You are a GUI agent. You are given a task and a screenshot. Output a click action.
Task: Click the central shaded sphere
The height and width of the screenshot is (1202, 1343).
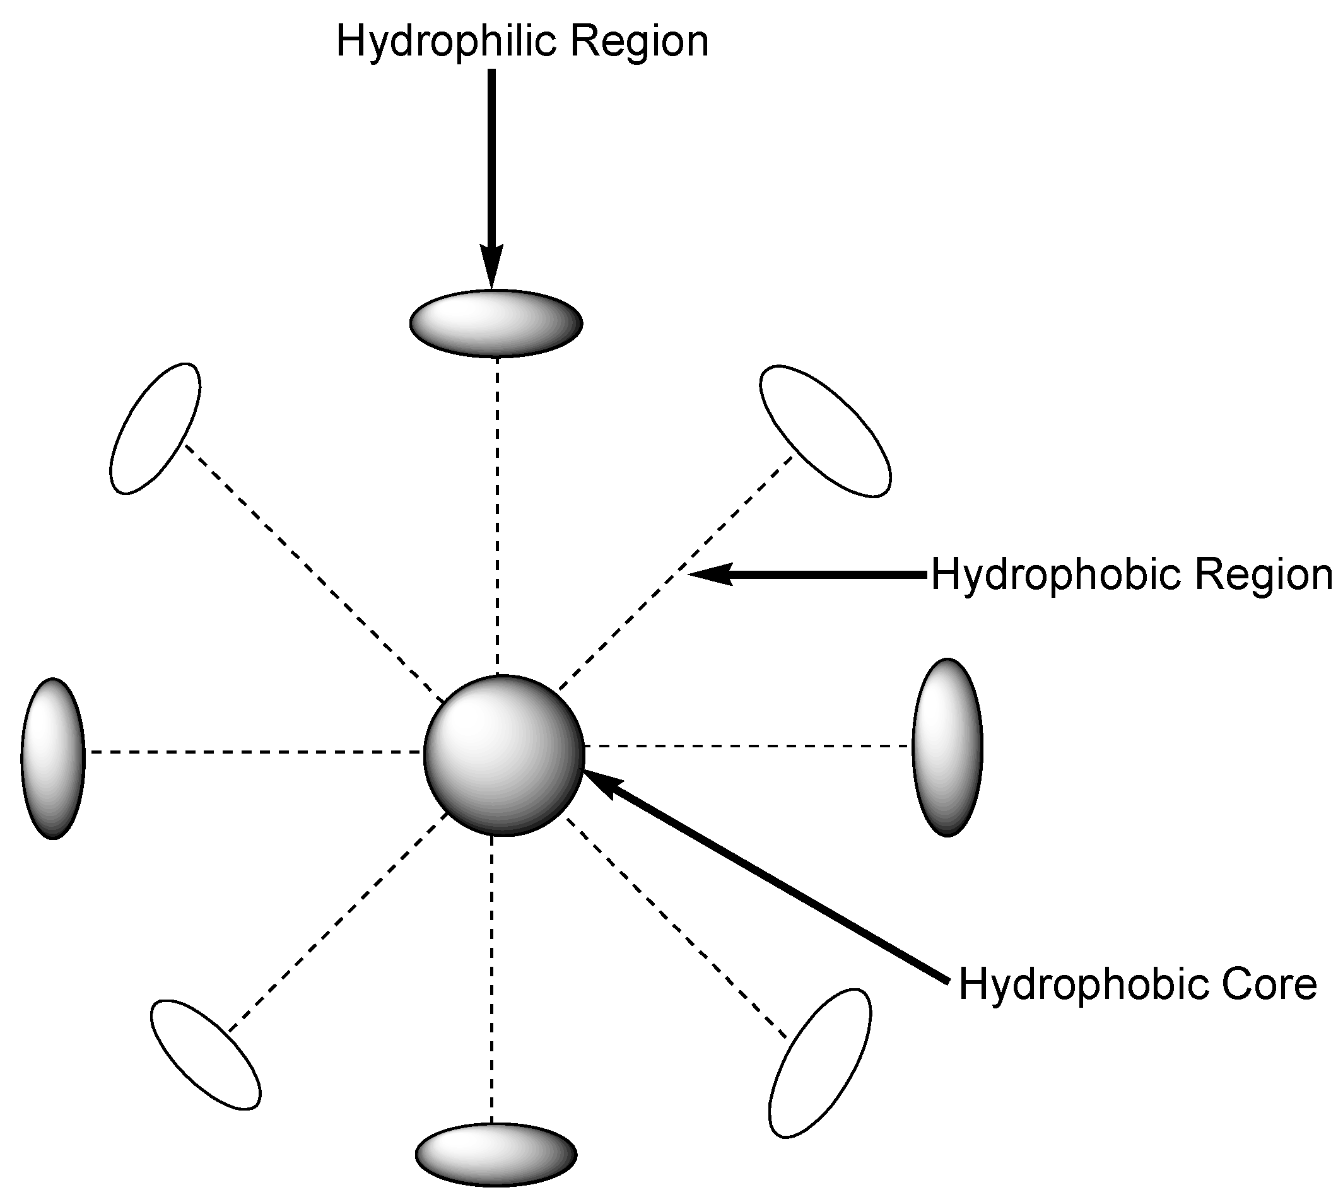pyautogui.click(x=504, y=756)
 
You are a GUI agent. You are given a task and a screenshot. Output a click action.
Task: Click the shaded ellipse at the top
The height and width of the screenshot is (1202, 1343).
pyautogui.click(x=496, y=324)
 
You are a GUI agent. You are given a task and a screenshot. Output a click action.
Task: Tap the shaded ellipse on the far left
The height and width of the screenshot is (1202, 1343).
pyautogui.click(x=53, y=758)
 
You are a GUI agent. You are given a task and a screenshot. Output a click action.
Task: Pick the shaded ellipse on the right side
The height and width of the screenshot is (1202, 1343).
pyautogui.click(x=947, y=747)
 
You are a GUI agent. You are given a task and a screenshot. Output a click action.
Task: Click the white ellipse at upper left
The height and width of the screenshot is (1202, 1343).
pyautogui.click(x=155, y=429)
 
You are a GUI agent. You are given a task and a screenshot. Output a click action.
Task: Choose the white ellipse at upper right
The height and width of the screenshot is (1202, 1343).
pyautogui.click(x=825, y=431)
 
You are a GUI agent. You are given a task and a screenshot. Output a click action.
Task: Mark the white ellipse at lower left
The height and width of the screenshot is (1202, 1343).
pyautogui.click(x=206, y=1054)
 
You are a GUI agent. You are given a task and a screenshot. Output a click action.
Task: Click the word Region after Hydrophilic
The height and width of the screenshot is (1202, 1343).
pyautogui.click(x=639, y=41)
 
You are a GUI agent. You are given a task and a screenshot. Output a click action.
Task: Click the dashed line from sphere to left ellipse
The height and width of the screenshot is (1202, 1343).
pyautogui.click(x=257, y=752)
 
